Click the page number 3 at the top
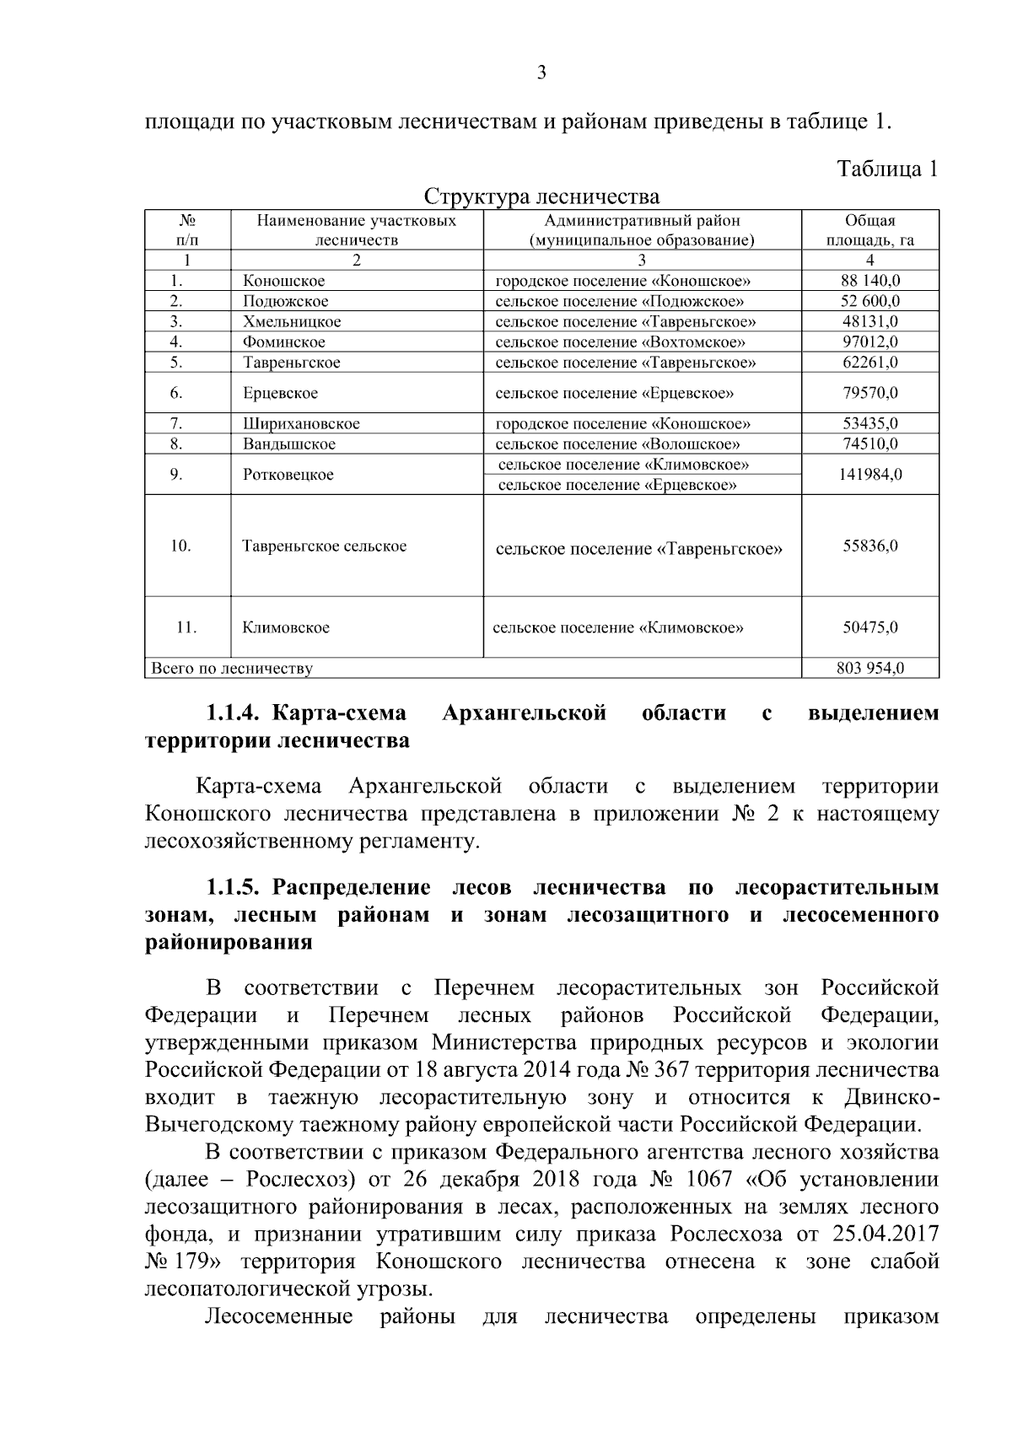click(541, 73)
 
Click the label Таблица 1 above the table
click(887, 169)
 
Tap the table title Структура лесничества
click(541, 197)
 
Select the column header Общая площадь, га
click(869, 230)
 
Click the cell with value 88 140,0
click(869, 281)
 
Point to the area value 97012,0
click(869, 342)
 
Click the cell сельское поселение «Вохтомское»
click(620, 342)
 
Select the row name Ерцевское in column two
click(280, 393)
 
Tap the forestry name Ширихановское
click(301, 423)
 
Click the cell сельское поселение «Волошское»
click(617, 444)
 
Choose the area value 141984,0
click(869, 474)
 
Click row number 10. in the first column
click(180, 546)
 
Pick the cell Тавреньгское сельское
click(325, 546)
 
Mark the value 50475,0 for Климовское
click(869, 627)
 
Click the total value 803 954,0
click(869, 669)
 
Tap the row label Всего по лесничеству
click(231, 669)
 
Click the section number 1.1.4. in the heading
click(231, 713)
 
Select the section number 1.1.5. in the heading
click(231, 888)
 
